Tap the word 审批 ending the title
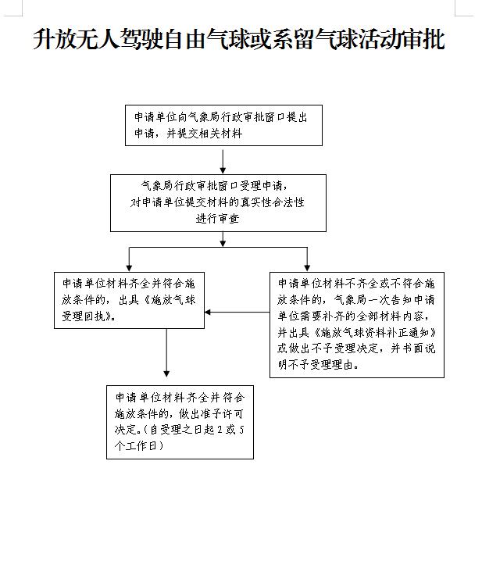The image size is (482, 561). coord(424,39)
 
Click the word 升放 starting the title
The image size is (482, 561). coord(55,39)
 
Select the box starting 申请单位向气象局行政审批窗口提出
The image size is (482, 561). coord(223,125)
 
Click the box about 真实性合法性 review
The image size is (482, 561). coord(218,203)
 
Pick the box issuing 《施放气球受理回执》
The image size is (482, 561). coord(129,300)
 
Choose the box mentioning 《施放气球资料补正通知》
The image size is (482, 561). coord(357,325)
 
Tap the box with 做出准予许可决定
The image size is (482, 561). coord(180,422)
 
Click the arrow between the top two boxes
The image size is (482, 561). coord(223,162)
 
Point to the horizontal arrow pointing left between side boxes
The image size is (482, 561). coord(237,313)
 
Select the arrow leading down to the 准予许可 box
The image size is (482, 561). coord(166,352)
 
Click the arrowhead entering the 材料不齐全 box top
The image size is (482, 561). coord(307,268)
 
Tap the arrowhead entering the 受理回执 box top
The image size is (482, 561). coord(129,268)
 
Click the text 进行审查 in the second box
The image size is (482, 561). coord(217,219)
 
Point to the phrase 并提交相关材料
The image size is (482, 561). coord(205,134)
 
